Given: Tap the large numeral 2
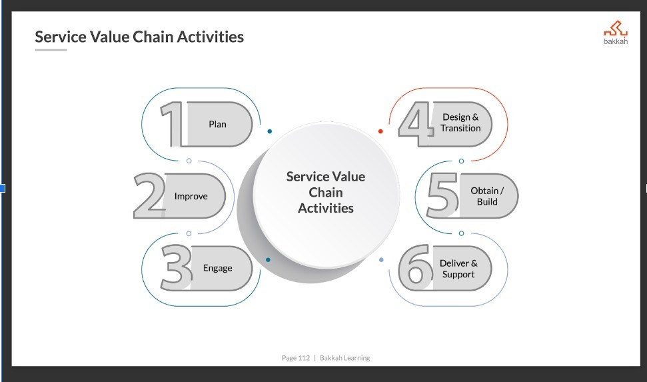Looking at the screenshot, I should click(x=149, y=196).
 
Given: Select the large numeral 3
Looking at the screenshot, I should click(x=177, y=267).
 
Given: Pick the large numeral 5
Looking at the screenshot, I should click(x=442, y=195).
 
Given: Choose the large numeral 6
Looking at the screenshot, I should click(x=415, y=268).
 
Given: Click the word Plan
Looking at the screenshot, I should click(x=217, y=124).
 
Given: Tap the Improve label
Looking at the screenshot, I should click(x=191, y=196).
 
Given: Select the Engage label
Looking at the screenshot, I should click(x=217, y=268).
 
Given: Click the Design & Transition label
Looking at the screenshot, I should click(x=460, y=123).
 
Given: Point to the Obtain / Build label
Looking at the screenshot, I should click(x=487, y=196).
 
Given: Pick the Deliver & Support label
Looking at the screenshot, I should click(x=458, y=269).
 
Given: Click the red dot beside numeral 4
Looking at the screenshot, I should click(x=380, y=131).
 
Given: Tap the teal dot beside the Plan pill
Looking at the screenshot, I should click(x=269, y=131).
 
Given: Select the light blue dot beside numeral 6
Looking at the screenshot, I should click(x=381, y=259).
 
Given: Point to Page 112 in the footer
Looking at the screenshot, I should click(x=295, y=358).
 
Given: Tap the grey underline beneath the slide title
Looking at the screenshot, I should click(x=51, y=50).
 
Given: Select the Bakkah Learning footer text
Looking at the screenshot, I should click(x=344, y=358).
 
